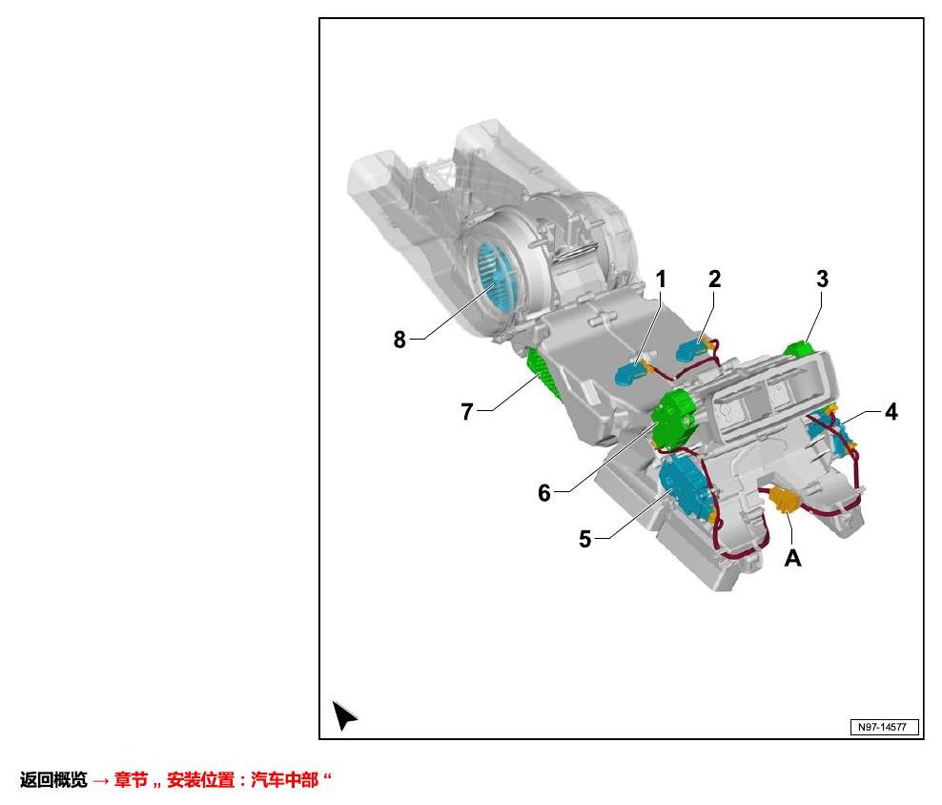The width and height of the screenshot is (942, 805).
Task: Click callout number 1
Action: pyautogui.click(x=661, y=279)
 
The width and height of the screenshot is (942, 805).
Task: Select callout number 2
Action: pyautogui.click(x=714, y=279)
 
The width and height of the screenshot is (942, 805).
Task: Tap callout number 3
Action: pyautogui.click(x=823, y=279)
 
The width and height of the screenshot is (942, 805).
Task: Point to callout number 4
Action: pyautogui.click(x=891, y=412)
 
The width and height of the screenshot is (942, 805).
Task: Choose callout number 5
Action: pyautogui.click(x=585, y=539)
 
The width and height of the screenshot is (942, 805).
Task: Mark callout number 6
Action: pyautogui.click(x=544, y=493)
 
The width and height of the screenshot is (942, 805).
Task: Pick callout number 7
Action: pyautogui.click(x=467, y=412)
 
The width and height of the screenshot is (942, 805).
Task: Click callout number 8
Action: pyautogui.click(x=399, y=340)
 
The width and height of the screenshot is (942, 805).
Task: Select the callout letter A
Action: pyautogui.click(x=793, y=559)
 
